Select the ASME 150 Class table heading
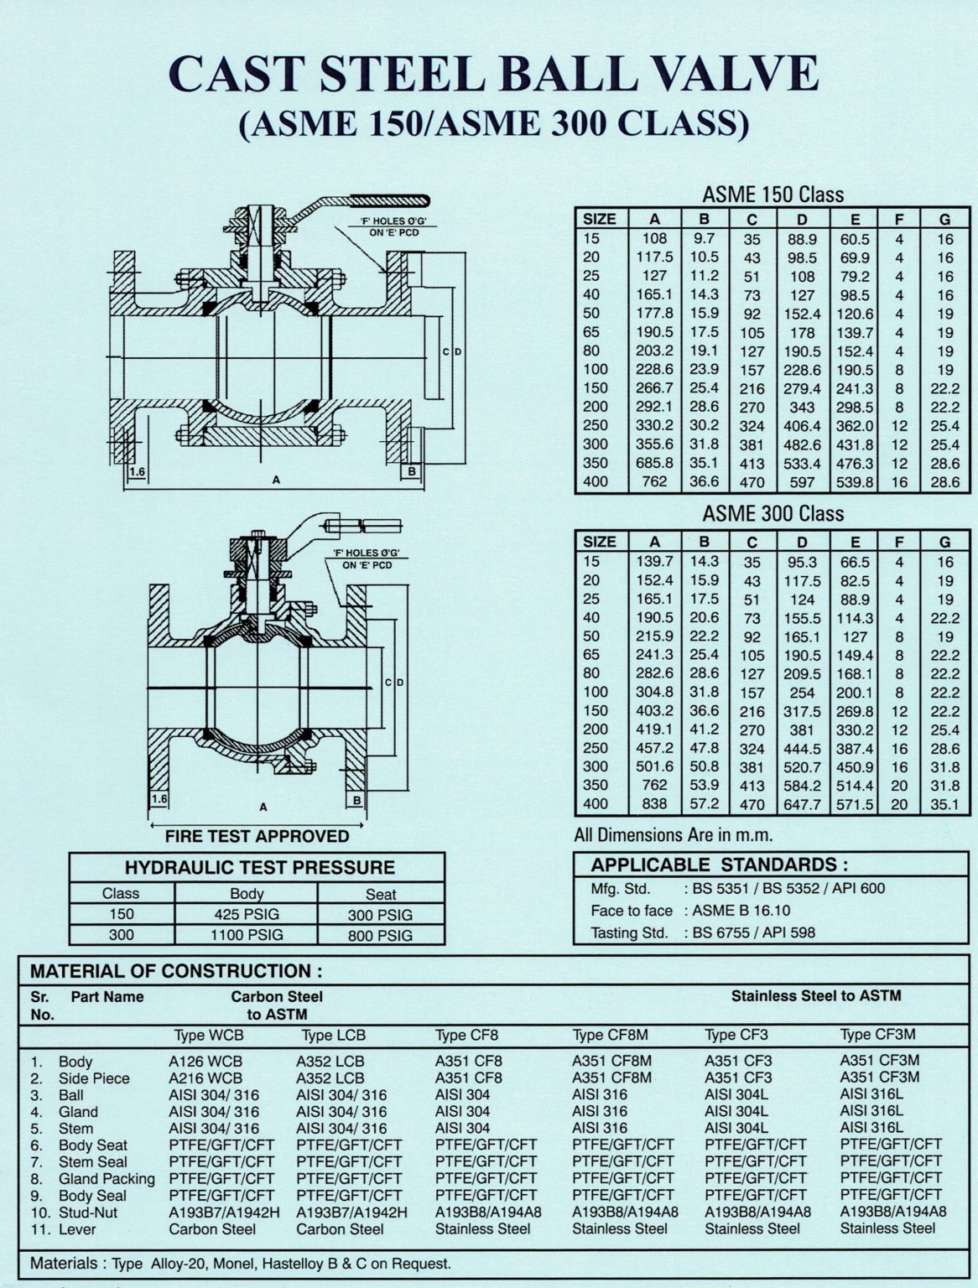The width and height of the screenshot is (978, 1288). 773,195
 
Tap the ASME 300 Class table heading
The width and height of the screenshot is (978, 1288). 773,513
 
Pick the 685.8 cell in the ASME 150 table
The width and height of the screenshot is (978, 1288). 654,463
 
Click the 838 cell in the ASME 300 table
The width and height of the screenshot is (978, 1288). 654,803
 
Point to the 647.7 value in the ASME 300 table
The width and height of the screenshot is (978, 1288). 802,803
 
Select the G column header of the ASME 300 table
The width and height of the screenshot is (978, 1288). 944,542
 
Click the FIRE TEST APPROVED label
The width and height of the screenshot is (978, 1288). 257,836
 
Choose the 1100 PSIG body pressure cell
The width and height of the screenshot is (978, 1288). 247,934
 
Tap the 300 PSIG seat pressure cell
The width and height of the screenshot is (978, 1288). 380,915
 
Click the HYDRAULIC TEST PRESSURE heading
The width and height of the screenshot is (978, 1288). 259,867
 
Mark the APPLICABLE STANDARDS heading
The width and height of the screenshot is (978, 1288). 719,865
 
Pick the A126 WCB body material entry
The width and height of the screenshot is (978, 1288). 205,1061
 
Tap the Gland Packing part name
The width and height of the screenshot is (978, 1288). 107,1178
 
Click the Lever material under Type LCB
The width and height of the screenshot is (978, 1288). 340,1228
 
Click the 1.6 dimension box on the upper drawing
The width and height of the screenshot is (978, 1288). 138,472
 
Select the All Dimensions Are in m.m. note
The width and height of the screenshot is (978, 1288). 674,834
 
